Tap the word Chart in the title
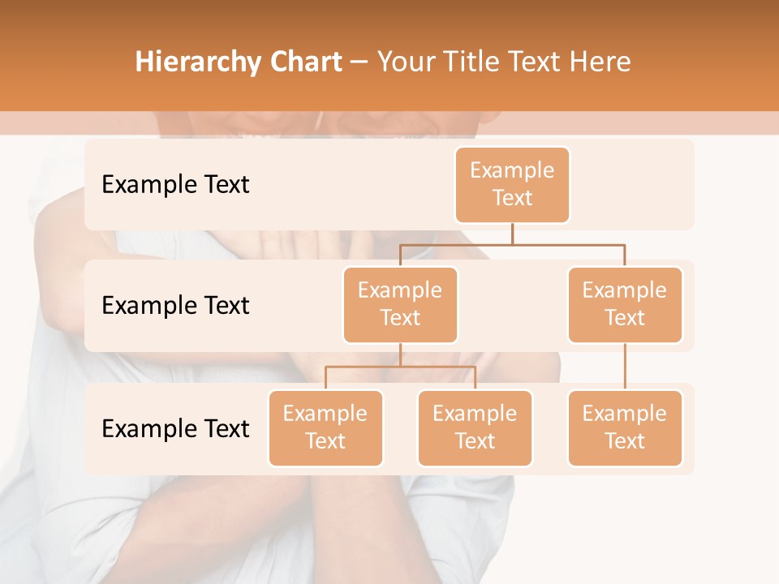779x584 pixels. [x=304, y=62]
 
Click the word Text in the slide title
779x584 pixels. [x=535, y=62]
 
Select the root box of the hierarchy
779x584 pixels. [x=512, y=185]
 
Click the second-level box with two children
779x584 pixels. [x=400, y=305]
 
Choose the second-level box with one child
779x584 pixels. [x=625, y=305]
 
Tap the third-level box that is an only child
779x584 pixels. [x=625, y=428]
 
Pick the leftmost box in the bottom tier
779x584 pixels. [x=325, y=428]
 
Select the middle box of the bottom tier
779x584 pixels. [x=475, y=428]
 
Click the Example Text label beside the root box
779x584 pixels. [x=175, y=185]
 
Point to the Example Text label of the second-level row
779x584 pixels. [x=175, y=306]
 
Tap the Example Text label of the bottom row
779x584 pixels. [x=175, y=429]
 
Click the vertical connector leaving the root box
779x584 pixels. [x=512, y=234]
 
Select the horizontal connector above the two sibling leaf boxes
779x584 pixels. [x=400, y=367]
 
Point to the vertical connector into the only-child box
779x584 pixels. [x=625, y=367]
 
